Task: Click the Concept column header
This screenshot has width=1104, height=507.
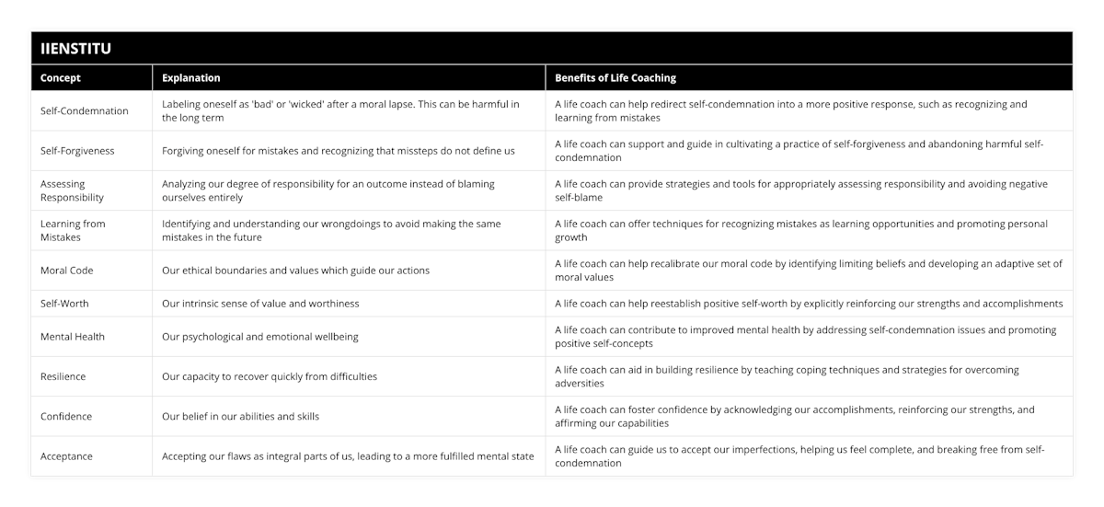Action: point(62,78)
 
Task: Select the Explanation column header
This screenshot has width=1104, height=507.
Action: point(190,78)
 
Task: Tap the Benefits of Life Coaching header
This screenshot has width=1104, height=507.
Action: point(615,78)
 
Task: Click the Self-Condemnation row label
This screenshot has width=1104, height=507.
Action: point(85,111)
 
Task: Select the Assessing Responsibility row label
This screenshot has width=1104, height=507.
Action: point(72,190)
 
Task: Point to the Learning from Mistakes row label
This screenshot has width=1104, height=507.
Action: point(73,230)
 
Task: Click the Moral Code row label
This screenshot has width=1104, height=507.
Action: point(66,271)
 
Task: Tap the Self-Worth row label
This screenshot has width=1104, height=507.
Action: point(65,304)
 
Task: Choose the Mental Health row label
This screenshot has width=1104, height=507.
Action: point(73,337)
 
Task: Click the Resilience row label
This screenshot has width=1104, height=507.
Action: point(64,376)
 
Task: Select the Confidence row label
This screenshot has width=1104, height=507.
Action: point(66,416)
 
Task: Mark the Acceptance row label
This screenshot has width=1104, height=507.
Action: point(66,456)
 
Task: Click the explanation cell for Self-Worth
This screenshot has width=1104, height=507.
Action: point(260,304)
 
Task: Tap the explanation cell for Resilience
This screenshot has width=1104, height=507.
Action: point(270,376)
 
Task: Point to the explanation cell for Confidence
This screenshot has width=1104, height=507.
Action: point(240,416)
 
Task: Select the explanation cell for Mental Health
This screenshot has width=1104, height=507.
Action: point(260,337)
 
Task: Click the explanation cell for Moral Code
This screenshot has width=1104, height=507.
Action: point(295,271)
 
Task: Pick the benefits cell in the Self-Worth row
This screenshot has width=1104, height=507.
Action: point(809,304)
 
